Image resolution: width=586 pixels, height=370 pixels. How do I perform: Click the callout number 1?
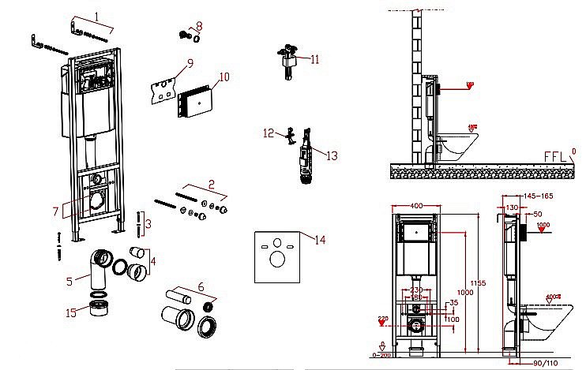pyautogui.click(x=96, y=17)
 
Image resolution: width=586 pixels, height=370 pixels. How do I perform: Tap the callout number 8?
pyautogui.click(x=199, y=26)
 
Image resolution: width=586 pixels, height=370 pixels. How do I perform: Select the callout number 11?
pyautogui.click(x=314, y=59)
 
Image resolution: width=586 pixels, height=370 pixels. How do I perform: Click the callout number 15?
pyautogui.click(x=72, y=313)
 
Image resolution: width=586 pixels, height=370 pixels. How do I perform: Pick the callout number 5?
pyautogui.click(x=69, y=278)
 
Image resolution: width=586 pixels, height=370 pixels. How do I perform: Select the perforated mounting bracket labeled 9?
pyautogui.click(x=163, y=89)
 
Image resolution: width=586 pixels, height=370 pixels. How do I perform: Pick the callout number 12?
pyautogui.click(x=268, y=133)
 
